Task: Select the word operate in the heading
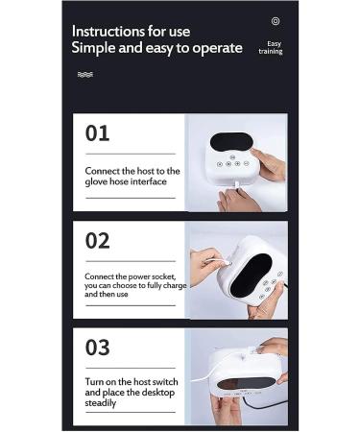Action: [217, 49]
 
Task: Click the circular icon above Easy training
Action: [276, 21]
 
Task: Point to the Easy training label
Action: [271, 48]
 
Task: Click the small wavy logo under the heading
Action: [85, 75]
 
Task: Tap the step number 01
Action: [97, 133]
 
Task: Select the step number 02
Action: [97, 241]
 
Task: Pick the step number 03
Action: [97, 348]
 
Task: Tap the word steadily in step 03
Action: [100, 403]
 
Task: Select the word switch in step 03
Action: [165, 382]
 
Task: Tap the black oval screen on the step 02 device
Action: [251, 275]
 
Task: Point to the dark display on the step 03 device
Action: [245, 383]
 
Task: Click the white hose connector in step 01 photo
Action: [237, 185]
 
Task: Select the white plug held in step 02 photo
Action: [225, 263]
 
